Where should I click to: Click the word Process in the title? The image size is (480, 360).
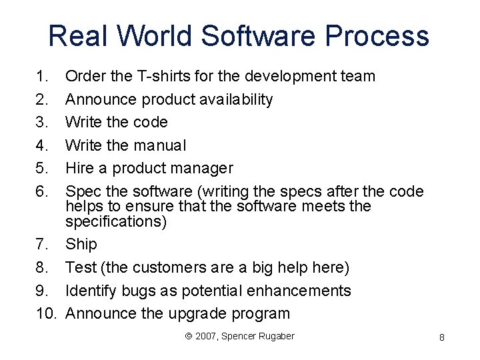click(382, 35)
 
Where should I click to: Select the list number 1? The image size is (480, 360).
click(41, 76)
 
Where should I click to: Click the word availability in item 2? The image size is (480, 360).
click(235, 99)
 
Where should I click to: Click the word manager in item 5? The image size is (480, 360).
click(200, 168)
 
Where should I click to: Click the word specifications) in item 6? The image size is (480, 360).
click(116, 221)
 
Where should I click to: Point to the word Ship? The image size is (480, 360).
click(81, 245)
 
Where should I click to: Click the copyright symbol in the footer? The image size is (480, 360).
click(189, 336)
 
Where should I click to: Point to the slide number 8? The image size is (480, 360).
click(442, 338)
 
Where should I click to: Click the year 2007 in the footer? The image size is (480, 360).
click(205, 336)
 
